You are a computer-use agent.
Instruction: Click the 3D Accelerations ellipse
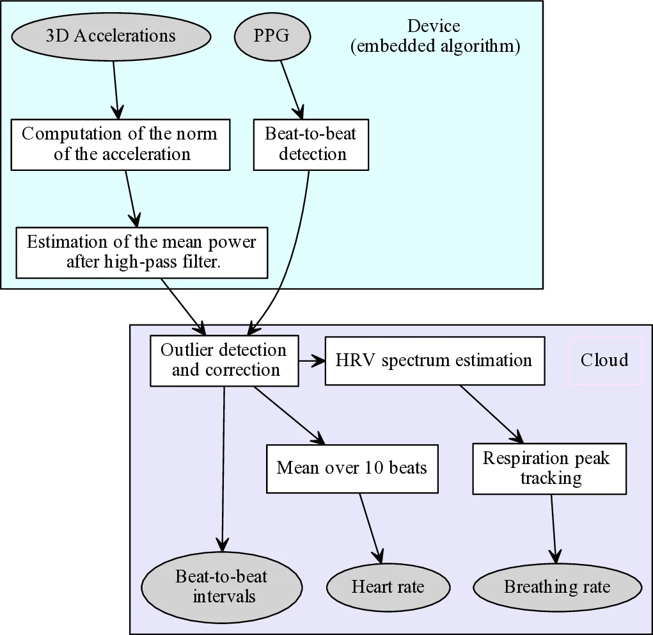coord(110,36)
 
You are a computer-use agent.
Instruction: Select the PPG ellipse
coord(272,36)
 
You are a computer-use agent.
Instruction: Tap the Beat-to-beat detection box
coord(311,144)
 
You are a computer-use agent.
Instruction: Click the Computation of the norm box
coord(120,144)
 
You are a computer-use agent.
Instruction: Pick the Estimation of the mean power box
coord(141,252)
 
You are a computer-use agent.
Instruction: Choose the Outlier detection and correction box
coord(224,360)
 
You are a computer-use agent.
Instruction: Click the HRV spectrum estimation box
coord(434,360)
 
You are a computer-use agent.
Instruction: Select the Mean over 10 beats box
coord(352,468)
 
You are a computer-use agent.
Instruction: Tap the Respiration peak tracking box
coord(549,468)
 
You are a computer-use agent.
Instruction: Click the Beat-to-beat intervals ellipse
coord(221,586)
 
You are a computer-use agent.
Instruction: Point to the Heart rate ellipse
coord(388,587)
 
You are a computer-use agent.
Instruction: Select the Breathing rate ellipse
coord(557,587)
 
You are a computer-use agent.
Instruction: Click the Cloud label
coord(604,360)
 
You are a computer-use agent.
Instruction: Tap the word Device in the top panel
coord(434,27)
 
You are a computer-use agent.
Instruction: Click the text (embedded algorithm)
coord(435,47)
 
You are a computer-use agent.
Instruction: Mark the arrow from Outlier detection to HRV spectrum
coord(311,361)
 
